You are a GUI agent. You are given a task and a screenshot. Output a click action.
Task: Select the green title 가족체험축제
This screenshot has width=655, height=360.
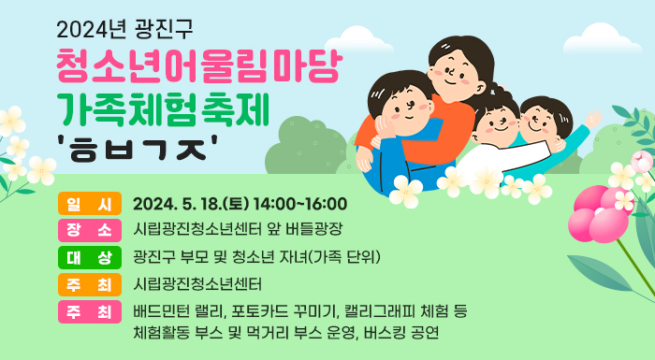(164, 108)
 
